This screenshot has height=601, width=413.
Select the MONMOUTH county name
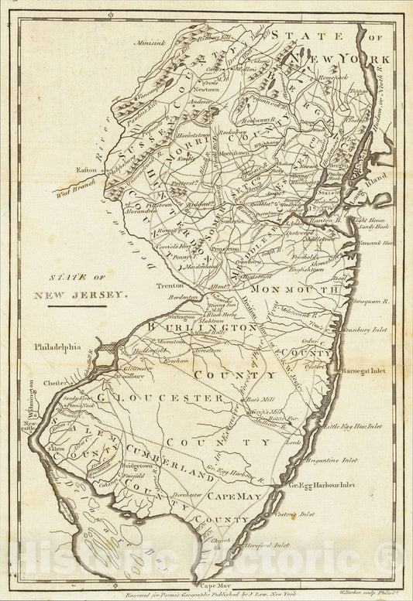[291, 289]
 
